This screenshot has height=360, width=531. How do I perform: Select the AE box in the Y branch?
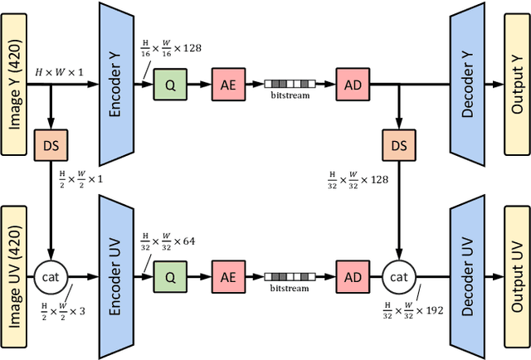pyautogui.click(x=227, y=85)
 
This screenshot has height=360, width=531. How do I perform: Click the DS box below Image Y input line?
pyautogui.click(x=52, y=146)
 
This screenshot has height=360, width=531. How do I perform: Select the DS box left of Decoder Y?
pyautogui.click(x=400, y=146)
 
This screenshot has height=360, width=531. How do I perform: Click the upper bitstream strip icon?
pyautogui.click(x=290, y=84)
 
